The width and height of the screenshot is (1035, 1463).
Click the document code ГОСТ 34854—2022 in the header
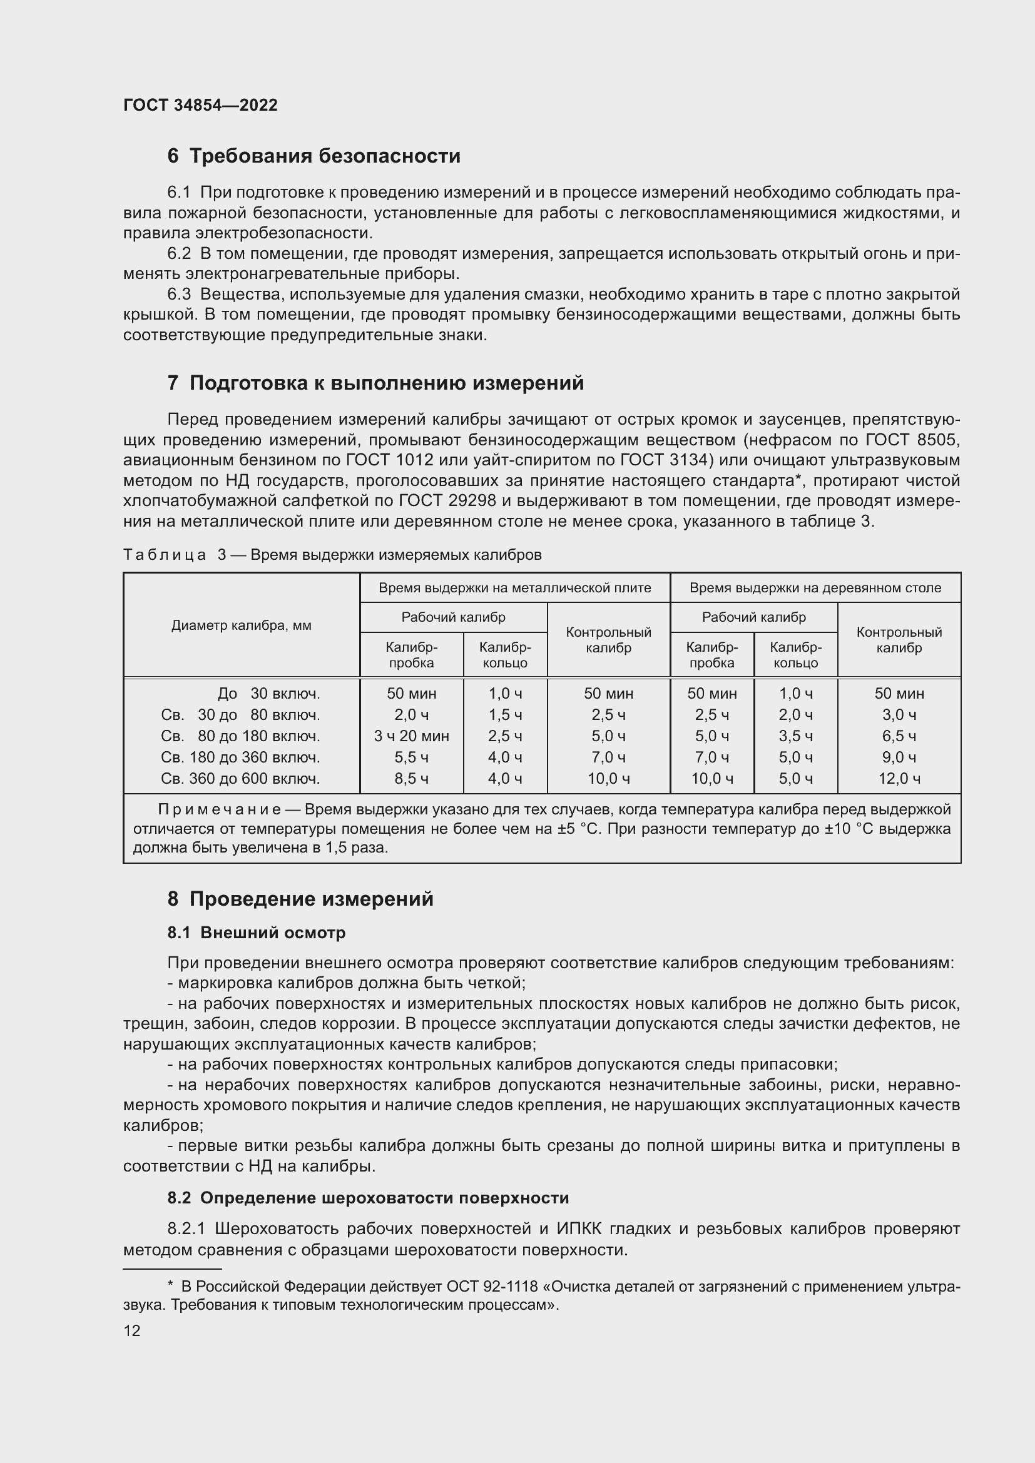(x=200, y=106)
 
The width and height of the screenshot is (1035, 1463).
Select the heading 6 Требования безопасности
(x=314, y=156)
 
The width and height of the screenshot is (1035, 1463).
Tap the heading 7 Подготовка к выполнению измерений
(x=375, y=383)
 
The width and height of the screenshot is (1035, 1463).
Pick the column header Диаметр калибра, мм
(x=241, y=625)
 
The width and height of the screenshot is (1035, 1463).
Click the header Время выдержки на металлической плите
(x=514, y=587)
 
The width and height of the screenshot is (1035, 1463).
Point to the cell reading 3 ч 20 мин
(x=411, y=736)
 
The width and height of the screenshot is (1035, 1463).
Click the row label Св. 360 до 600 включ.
(x=240, y=779)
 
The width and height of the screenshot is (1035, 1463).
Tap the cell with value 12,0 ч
(x=899, y=779)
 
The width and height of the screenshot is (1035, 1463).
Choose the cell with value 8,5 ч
(x=411, y=779)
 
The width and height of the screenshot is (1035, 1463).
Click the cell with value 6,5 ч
(x=899, y=736)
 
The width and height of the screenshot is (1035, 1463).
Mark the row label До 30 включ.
(x=268, y=693)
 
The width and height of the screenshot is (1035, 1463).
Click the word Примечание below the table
(x=219, y=810)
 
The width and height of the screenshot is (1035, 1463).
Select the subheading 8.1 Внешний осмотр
(x=256, y=933)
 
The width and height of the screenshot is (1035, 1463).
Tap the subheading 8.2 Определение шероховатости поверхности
(x=368, y=1198)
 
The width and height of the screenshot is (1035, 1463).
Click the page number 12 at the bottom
(x=132, y=1330)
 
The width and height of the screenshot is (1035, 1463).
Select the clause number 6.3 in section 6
(x=178, y=295)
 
